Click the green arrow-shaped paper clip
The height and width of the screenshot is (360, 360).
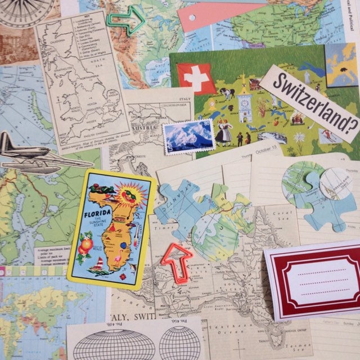pyautogui.click(x=125, y=21)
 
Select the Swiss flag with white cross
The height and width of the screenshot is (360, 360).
pyautogui.click(x=196, y=78)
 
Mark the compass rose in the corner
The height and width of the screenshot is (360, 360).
pyautogui.click(x=25, y=8)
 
